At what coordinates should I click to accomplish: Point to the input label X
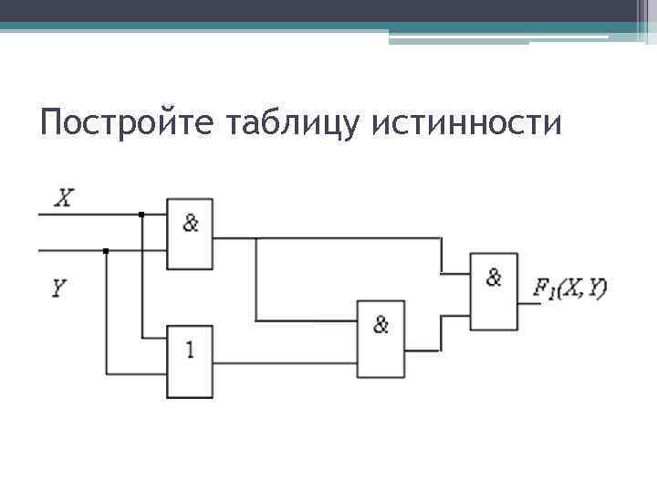[x=64, y=197]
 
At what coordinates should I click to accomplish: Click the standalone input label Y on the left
[x=58, y=289]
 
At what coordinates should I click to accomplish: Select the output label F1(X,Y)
[x=570, y=289]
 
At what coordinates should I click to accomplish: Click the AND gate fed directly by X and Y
[x=189, y=234]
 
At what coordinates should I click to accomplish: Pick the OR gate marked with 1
[x=189, y=361]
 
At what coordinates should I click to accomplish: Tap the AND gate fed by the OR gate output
[x=380, y=338]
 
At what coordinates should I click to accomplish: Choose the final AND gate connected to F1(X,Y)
[x=494, y=290]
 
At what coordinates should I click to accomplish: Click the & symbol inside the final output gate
[x=494, y=278]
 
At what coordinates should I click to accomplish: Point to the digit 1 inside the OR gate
[x=190, y=349]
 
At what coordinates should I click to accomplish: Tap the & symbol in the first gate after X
[x=190, y=222]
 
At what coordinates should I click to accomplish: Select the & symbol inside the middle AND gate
[x=381, y=324]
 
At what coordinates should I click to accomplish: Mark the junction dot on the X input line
[x=141, y=215]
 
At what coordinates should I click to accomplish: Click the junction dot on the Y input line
[x=107, y=250]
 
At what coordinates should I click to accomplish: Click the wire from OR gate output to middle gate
[x=283, y=362]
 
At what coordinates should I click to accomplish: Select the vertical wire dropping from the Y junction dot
[x=107, y=310]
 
